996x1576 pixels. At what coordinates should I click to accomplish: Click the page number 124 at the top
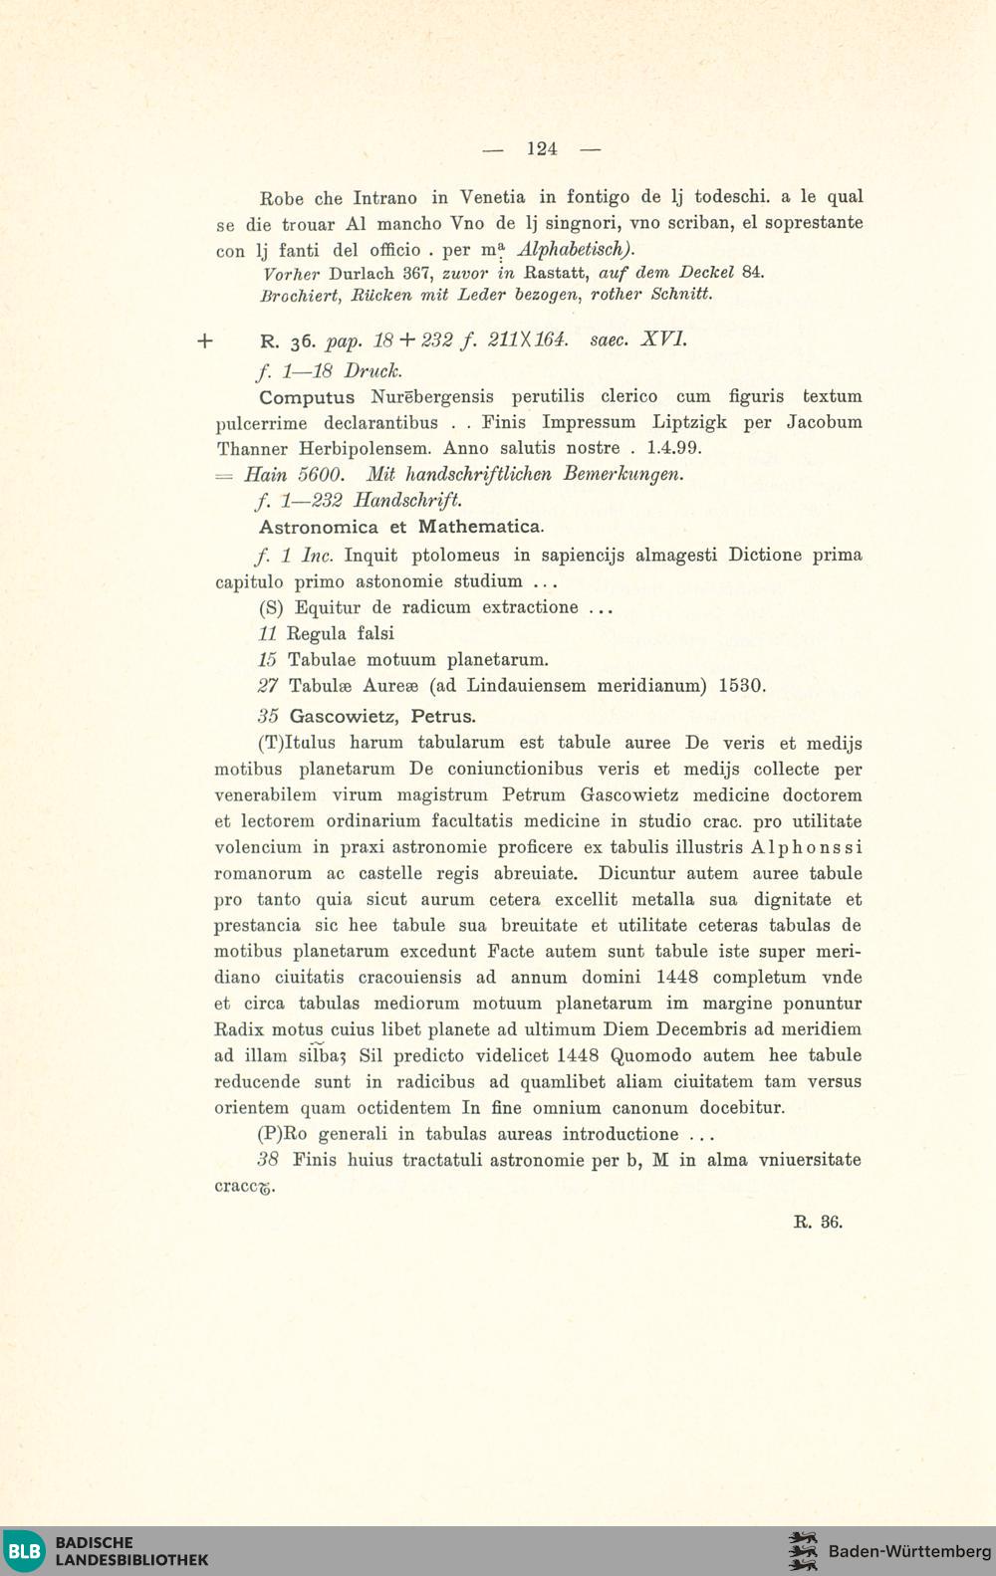tap(542, 149)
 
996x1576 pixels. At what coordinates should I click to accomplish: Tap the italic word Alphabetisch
tap(575, 249)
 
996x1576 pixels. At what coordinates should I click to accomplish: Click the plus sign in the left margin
tap(205, 341)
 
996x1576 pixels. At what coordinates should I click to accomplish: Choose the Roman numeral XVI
tap(662, 339)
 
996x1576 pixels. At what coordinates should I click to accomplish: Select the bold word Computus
tap(306, 397)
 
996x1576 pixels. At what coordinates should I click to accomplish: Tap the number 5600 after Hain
tap(323, 475)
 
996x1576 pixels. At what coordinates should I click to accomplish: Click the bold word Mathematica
tap(480, 527)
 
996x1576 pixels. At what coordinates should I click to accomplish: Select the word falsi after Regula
tap(373, 633)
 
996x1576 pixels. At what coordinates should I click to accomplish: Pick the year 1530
tap(741, 686)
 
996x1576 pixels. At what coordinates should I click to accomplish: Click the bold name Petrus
tap(443, 716)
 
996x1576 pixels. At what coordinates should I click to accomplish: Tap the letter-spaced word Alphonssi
tap(807, 847)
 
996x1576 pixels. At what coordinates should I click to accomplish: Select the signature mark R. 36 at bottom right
tap(818, 1223)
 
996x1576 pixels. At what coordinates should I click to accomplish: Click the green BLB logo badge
tap(24, 1551)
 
